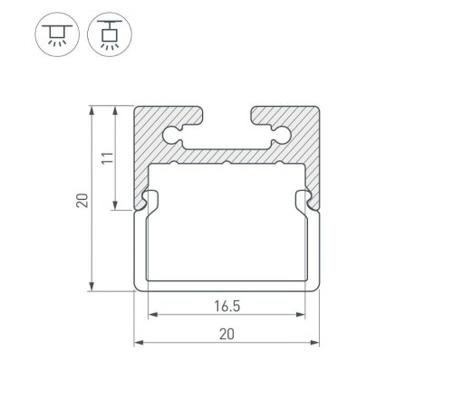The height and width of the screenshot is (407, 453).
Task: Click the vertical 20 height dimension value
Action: coord(82,199)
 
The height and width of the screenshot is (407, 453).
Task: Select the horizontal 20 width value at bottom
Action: coord(226,334)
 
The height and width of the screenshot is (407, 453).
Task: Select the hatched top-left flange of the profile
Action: coord(168,118)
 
